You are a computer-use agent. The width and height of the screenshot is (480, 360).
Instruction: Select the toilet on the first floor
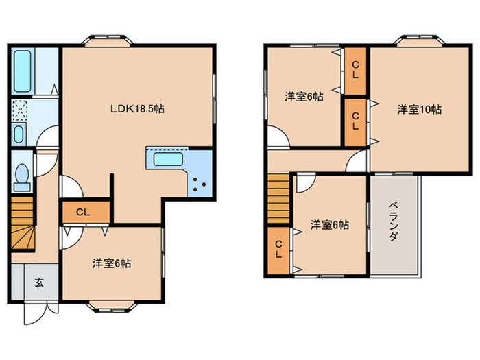click(x=21, y=177)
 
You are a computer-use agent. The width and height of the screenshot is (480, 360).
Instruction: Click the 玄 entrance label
click(x=38, y=282)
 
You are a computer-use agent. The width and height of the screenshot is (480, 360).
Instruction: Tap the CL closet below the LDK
click(x=83, y=212)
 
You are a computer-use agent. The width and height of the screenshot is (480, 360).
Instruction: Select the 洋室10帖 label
click(x=419, y=109)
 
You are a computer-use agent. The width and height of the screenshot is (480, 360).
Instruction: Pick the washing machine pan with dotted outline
click(x=21, y=110)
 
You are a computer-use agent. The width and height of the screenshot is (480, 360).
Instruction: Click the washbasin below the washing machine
click(x=19, y=134)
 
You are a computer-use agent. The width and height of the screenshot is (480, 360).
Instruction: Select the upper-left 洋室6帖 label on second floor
click(x=304, y=97)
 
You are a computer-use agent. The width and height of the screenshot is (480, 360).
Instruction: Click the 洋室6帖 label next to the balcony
click(x=328, y=224)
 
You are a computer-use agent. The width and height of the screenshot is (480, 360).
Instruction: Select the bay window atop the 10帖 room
click(x=420, y=40)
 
